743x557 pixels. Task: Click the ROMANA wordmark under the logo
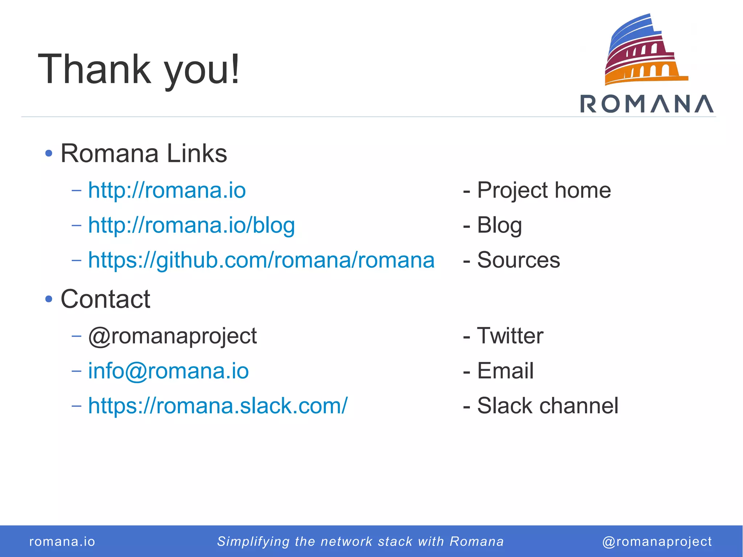(647, 104)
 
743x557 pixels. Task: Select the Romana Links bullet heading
(144, 153)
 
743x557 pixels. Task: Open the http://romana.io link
(167, 190)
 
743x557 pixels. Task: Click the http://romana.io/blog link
(192, 225)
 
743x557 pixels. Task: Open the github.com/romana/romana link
(261, 260)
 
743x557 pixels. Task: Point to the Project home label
(543, 190)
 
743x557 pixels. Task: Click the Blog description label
(499, 225)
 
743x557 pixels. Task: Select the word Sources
(518, 260)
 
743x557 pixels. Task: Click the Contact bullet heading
(105, 299)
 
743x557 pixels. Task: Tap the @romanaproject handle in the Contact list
(173, 336)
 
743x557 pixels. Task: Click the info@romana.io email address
(168, 371)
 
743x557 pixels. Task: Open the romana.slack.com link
(218, 406)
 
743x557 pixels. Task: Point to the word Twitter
(510, 336)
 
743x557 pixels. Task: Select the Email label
(505, 371)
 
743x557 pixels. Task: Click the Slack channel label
(547, 406)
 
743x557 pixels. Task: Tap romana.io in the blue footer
(62, 541)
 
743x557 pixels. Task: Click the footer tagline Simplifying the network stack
(360, 541)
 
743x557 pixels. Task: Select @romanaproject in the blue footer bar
(657, 541)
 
